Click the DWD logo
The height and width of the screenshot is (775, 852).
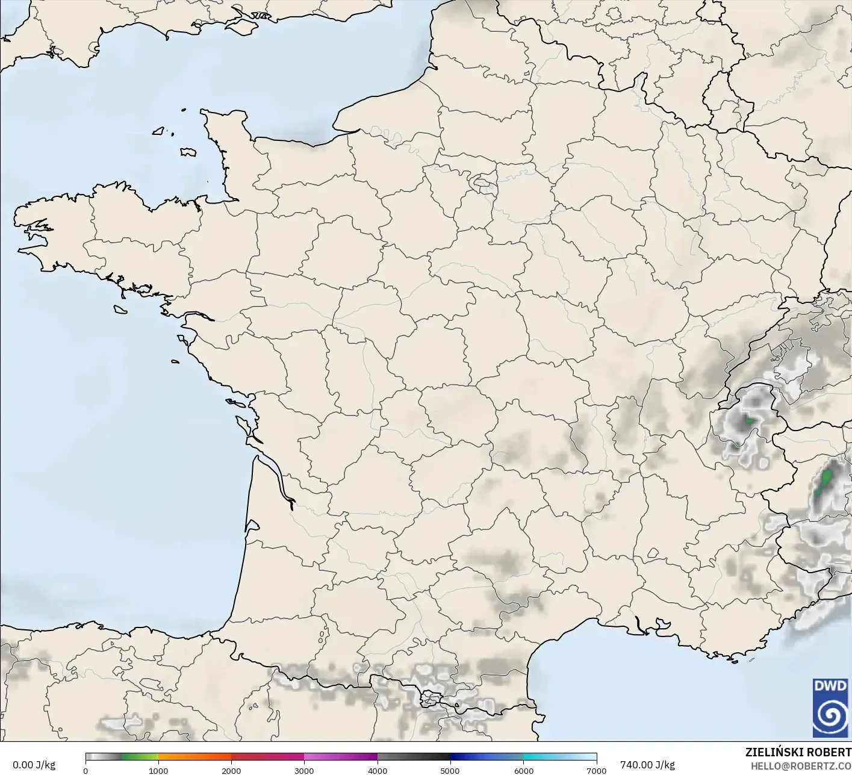click(x=830, y=708)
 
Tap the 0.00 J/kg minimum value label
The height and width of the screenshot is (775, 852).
click(x=34, y=765)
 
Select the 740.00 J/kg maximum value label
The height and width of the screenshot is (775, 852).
click(x=647, y=765)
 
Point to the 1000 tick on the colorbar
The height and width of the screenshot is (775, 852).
click(x=158, y=770)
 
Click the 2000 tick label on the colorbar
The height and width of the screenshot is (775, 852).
click(x=231, y=770)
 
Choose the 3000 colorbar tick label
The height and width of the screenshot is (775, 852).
click(x=304, y=770)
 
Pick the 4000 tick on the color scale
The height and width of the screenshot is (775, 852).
click(x=378, y=770)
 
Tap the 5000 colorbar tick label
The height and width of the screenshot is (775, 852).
click(x=450, y=770)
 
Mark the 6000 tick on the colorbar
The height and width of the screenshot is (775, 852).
click(x=523, y=770)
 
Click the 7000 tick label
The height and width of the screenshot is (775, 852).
click(x=596, y=770)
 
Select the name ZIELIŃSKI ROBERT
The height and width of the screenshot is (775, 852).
click(x=798, y=752)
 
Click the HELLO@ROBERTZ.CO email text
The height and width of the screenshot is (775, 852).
click(x=800, y=765)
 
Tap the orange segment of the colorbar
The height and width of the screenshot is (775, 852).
click(x=194, y=757)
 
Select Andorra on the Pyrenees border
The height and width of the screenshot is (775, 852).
click(x=432, y=699)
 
